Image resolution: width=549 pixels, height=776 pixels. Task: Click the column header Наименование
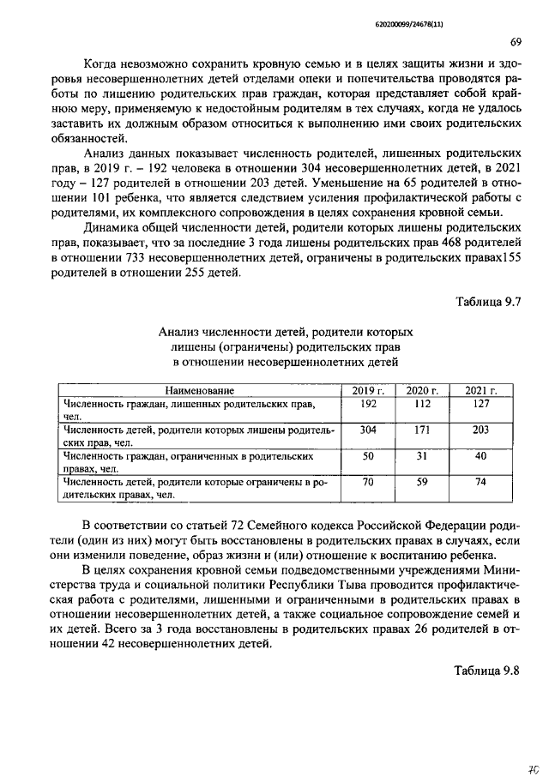click(x=199, y=391)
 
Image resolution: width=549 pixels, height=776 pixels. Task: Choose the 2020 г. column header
click(x=422, y=391)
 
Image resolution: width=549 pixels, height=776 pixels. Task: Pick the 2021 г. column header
click(x=481, y=391)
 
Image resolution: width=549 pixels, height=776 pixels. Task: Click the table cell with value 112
click(x=421, y=403)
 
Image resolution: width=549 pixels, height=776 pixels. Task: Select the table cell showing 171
click(x=421, y=430)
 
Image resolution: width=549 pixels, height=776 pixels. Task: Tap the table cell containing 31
click(x=421, y=456)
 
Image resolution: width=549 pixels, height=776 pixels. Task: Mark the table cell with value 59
click(x=421, y=483)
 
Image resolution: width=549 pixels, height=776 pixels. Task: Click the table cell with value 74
click(x=481, y=483)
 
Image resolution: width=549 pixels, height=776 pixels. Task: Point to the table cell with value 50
click(x=368, y=456)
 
